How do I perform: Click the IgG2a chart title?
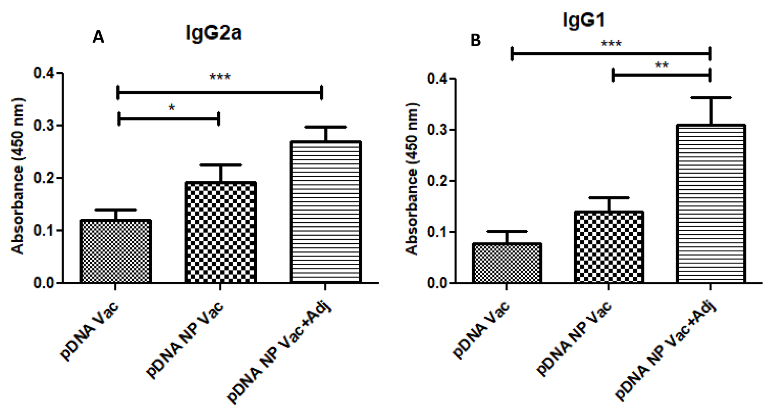(x=214, y=34)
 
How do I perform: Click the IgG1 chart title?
(x=583, y=20)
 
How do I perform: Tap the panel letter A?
(x=98, y=37)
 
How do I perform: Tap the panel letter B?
(x=475, y=40)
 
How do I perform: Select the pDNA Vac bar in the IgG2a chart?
(x=116, y=251)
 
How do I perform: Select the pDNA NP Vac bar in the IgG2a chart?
(x=220, y=232)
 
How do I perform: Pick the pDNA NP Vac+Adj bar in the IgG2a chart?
(x=325, y=212)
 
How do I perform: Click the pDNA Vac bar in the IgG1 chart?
(x=507, y=263)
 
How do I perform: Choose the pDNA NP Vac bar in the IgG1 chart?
(x=609, y=247)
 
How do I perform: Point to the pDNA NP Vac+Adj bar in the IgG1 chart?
(x=710, y=204)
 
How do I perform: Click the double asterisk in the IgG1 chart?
(x=662, y=66)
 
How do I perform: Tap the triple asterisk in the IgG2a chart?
(x=220, y=77)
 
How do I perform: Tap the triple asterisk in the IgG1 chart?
(x=611, y=44)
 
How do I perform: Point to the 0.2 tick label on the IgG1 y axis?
(x=438, y=181)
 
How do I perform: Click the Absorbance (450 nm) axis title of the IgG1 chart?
(x=412, y=179)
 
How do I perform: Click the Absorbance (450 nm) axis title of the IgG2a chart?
(x=18, y=176)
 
